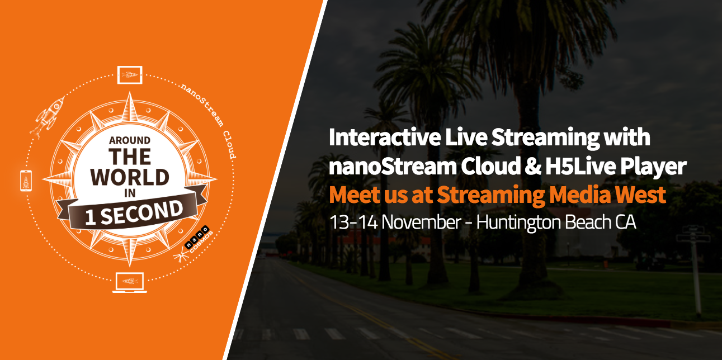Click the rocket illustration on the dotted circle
coord(48,117)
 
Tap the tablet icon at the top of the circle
coord(130,75)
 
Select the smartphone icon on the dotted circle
coord(26,181)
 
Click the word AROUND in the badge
coord(130,140)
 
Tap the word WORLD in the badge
coord(130,177)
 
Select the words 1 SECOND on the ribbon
coord(134,212)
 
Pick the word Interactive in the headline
coord(385,138)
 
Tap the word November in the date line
coord(422,222)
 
